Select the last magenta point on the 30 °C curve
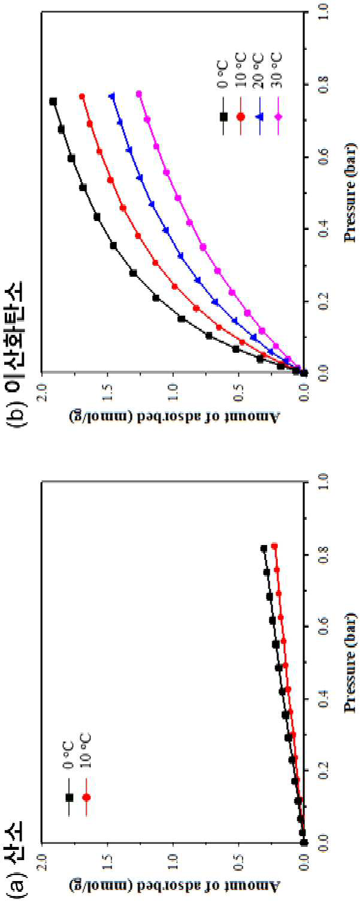click(139, 94)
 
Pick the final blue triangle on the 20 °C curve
click(113, 96)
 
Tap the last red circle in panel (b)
click(81, 96)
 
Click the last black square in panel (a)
click(264, 548)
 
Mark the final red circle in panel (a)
click(274, 546)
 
